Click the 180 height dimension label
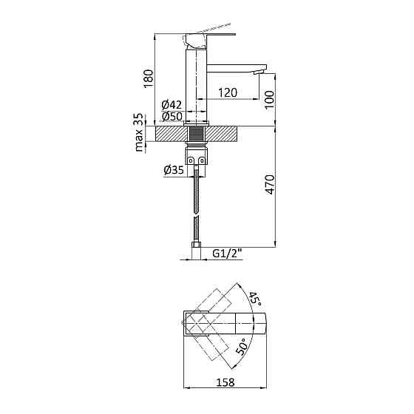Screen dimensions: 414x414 pyautogui.click(x=149, y=79)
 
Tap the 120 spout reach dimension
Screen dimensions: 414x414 pyautogui.click(x=228, y=92)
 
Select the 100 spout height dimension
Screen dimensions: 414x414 pyautogui.click(x=269, y=100)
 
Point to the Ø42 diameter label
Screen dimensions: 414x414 pyautogui.click(x=172, y=105)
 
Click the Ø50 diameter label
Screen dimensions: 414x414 pyautogui.click(x=172, y=117)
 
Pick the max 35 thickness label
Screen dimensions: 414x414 pyautogui.click(x=139, y=132)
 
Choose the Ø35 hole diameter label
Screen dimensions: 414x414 pyautogui.click(x=174, y=170)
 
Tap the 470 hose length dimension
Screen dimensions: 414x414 pyautogui.click(x=270, y=184)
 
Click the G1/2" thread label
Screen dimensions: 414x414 pyautogui.click(x=228, y=254)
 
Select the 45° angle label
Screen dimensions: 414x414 pyautogui.click(x=254, y=299)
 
